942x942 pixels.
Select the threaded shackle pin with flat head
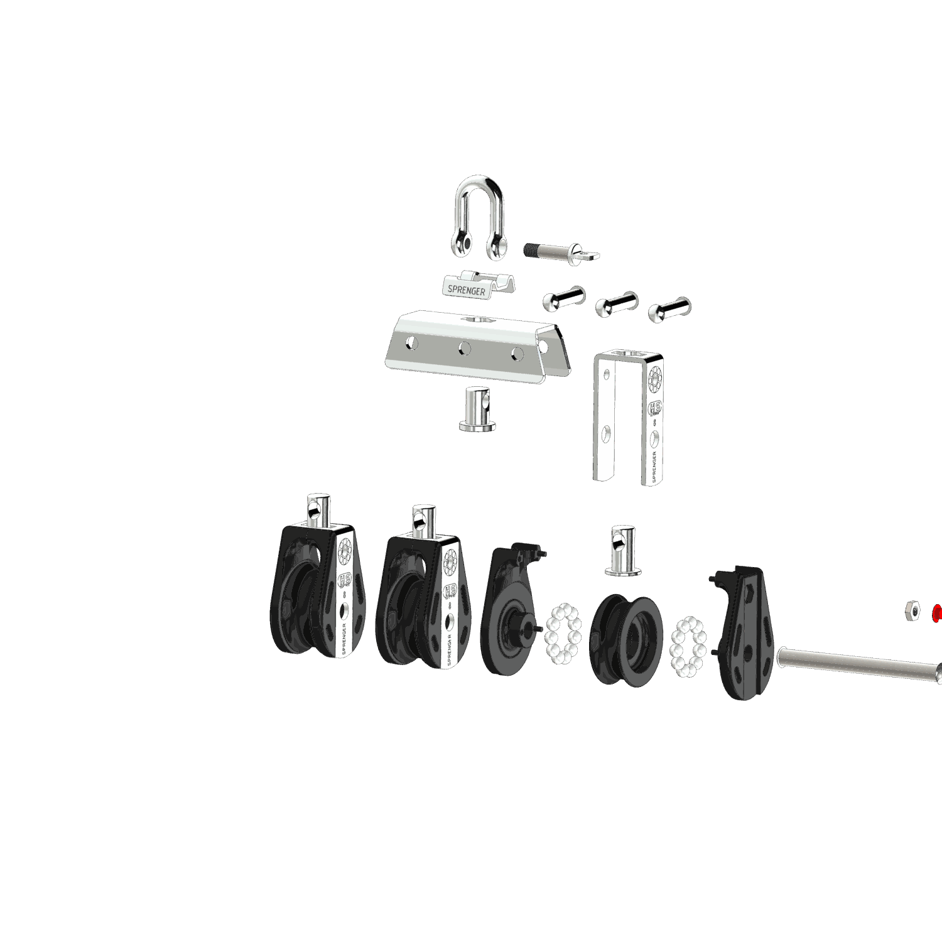[x=559, y=252]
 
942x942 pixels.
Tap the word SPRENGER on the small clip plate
[x=466, y=290]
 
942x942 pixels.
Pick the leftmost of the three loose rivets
[x=563, y=298]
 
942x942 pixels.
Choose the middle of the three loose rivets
[x=616, y=305]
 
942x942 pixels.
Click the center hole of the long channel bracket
[x=464, y=348]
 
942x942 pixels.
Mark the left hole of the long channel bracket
[x=411, y=342]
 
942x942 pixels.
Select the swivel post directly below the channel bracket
[x=477, y=409]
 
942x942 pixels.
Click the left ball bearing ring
[x=563, y=634]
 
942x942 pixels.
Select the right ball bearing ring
[x=688, y=647]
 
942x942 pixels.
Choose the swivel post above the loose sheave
[x=622, y=549]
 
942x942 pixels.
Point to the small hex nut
[x=912, y=610]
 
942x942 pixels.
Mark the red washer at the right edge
[x=938, y=613]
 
